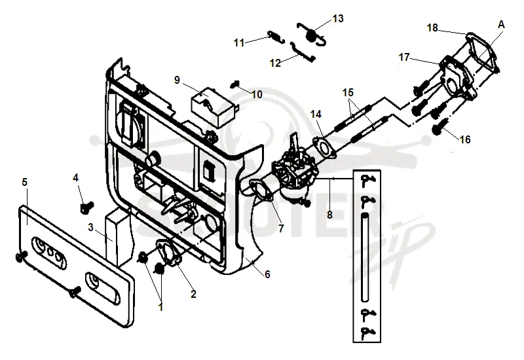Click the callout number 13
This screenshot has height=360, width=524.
pos(338,18)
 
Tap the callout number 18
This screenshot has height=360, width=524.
pos(432,27)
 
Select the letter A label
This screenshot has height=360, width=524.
pos(501,24)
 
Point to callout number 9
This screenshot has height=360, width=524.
pos(177,80)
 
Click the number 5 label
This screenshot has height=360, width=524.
pos(24,183)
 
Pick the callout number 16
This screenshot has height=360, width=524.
pos(465,139)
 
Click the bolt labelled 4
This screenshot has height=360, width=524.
pos(87,207)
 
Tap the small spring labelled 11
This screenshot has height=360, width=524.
pos(276,37)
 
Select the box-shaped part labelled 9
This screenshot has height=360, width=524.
pos(214,106)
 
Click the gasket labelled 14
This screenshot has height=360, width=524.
pos(323,147)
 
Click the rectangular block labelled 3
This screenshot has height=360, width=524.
pos(117,237)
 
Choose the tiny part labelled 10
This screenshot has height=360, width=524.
pos(236,84)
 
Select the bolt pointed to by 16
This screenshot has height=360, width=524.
pos(438,128)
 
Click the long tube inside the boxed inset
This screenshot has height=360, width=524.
pos(365,257)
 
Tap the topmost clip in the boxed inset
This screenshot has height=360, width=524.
pos(367,179)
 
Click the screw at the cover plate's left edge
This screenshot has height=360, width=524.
pos(21,257)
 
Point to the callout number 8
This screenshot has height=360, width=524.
pos(329,215)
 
